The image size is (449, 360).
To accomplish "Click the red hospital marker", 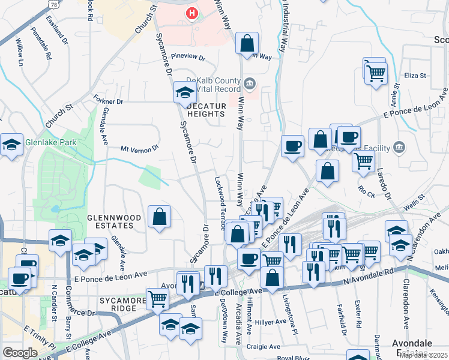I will click(x=191, y=13).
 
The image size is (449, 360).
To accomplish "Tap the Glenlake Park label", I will click(x=50, y=143).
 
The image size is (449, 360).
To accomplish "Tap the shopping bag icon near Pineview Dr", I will click(x=247, y=44).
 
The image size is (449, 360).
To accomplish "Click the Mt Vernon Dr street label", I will click(x=139, y=148).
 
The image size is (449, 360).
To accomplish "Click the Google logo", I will click(x=20, y=353).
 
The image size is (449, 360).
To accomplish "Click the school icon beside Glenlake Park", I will click(x=11, y=145).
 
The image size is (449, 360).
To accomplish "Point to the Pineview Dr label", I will click(x=188, y=59).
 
